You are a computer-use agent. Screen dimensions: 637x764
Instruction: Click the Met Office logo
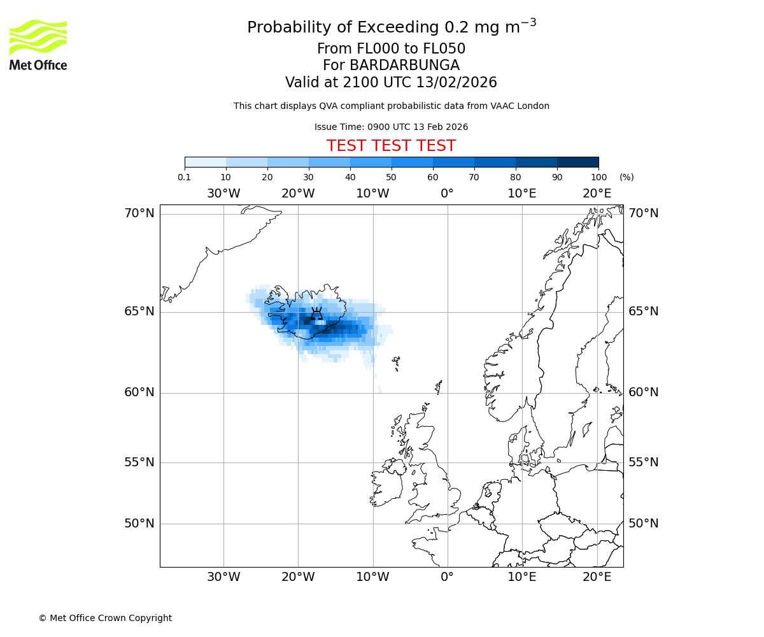tap(38, 45)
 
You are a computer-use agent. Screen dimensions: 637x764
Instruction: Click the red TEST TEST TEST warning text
tap(391, 146)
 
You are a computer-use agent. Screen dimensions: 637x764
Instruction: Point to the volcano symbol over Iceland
tap(316, 313)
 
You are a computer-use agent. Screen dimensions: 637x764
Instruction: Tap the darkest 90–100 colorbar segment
tap(577, 162)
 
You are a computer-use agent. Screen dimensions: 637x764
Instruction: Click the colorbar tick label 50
tap(391, 177)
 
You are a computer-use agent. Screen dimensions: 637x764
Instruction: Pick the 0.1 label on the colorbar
tap(185, 177)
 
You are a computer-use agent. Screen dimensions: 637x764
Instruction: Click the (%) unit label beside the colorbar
tap(626, 177)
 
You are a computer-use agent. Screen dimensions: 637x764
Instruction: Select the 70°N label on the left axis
tap(139, 213)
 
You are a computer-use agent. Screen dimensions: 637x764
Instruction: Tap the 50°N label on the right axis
tap(644, 523)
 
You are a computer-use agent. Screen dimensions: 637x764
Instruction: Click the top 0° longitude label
tap(447, 194)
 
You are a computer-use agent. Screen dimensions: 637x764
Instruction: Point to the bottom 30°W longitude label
tap(223, 577)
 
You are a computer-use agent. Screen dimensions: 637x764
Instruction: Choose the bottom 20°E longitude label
tap(597, 577)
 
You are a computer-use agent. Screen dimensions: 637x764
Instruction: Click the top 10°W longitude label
tap(372, 194)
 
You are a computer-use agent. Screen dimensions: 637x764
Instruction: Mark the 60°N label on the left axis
tap(139, 392)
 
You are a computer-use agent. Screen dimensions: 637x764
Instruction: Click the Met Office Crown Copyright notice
tap(105, 618)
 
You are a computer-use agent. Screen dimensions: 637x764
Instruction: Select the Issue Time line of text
tap(391, 127)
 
